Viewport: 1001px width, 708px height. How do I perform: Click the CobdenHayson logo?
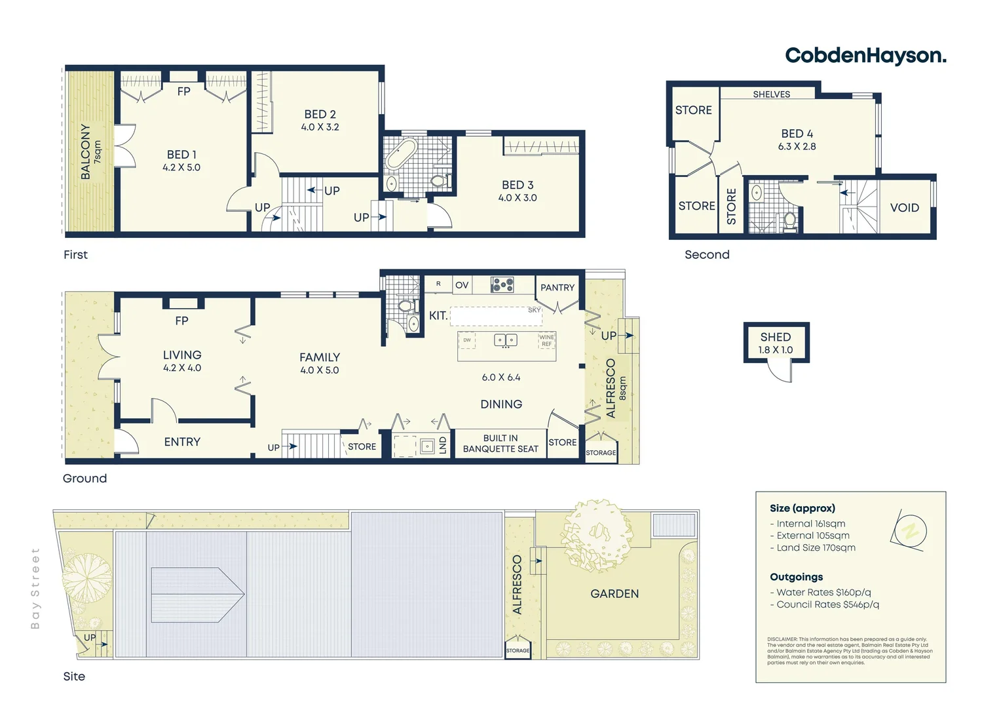pyautogui.click(x=865, y=56)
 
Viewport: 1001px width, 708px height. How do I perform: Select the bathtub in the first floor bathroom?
pyautogui.click(x=400, y=154)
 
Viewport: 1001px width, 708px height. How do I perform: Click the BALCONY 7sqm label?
pyautogui.click(x=90, y=151)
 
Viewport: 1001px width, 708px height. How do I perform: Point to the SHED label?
pyautogui.click(x=776, y=337)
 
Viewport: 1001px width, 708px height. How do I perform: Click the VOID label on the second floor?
pyautogui.click(x=904, y=208)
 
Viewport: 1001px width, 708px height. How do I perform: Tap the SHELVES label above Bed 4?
pyautogui.click(x=771, y=94)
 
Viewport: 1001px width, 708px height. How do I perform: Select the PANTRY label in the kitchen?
pyautogui.click(x=557, y=288)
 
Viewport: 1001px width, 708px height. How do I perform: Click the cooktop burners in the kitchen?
pyautogui.click(x=502, y=285)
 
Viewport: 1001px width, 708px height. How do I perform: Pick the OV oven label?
pyautogui.click(x=462, y=285)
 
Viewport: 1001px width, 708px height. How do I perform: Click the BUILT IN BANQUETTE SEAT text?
pyautogui.click(x=500, y=444)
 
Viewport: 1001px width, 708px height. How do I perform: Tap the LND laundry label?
pyautogui.click(x=443, y=445)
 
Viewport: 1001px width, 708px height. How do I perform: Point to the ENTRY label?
pyautogui.click(x=182, y=442)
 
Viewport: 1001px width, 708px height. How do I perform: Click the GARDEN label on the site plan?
pyautogui.click(x=614, y=594)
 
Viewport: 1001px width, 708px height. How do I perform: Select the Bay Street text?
pyautogui.click(x=35, y=588)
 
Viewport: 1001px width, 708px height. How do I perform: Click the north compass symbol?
pyautogui.click(x=910, y=530)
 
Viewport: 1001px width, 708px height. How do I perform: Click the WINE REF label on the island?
pyautogui.click(x=546, y=340)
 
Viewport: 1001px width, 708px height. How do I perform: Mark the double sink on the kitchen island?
pyautogui.click(x=505, y=340)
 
